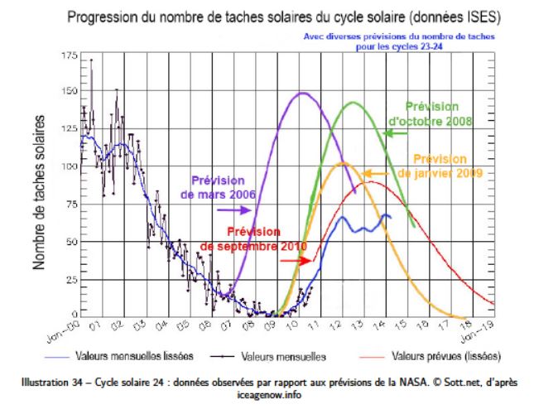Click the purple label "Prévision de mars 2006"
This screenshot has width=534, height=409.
pos(218,187)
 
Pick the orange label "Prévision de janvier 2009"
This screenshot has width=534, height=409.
pos(439,166)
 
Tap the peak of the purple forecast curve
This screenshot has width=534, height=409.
pos(302,93)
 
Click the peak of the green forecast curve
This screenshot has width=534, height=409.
pos(354,103)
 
